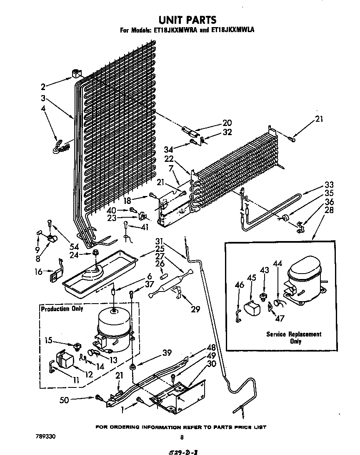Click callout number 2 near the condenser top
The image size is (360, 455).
pyautogui.click(x=43, y=87)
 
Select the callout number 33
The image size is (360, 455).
pyautogui.click(x=329, y=185)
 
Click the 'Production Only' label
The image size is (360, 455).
pyautogui.click(x=62, y=309)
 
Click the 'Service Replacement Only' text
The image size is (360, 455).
pyautogui.click(x=294, y=337)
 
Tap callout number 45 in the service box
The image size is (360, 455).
pyautogui.click(x=251, y=278)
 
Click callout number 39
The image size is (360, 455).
pyautogui.click(x=167, y=353)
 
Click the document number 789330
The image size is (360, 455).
pyautogui.click(x=45, y=436)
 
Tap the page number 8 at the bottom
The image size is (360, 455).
pyautogui.click(x=181, y=437)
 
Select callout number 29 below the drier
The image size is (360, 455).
pyautogui.click(x=195, y=309)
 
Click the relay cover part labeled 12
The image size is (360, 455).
pyautogui.click(x=64, y=359)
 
